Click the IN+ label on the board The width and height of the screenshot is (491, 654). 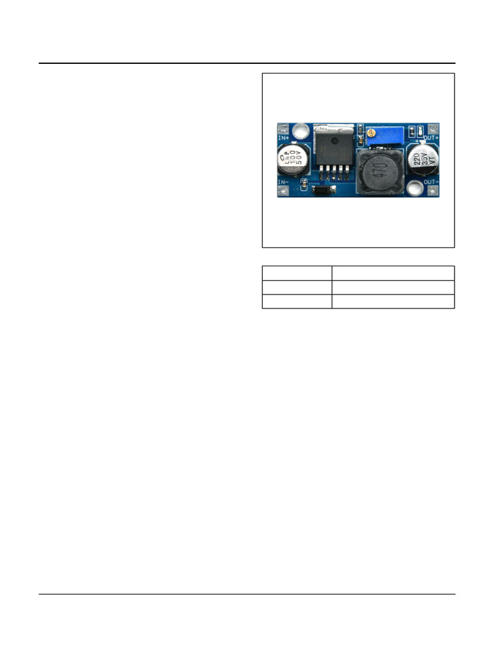(283, 137)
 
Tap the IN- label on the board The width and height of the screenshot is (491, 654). (283, 182)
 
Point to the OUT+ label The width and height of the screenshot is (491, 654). (431, 137)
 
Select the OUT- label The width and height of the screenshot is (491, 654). (431, 181)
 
